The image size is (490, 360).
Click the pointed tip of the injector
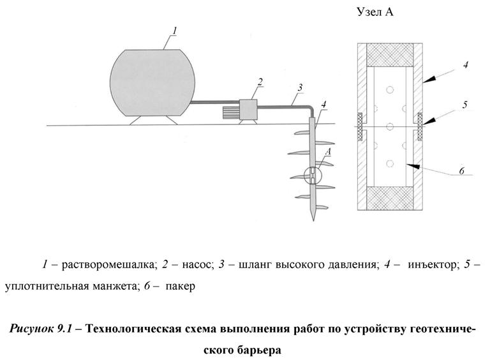(313, 217)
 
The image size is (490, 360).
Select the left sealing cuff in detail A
(359, 125)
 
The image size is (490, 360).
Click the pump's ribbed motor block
(229, 113)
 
